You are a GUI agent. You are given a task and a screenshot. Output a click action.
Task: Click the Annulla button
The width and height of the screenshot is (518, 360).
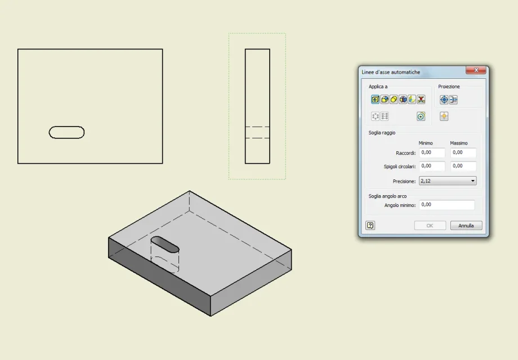tap(466, 226)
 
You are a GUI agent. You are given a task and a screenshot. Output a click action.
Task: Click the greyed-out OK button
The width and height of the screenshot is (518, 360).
tap(430, 226)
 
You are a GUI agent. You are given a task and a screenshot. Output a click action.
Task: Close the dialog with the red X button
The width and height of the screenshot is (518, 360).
tap(476, 70)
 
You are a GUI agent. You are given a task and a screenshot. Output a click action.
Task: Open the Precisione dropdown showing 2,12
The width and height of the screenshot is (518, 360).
tap(448, 181)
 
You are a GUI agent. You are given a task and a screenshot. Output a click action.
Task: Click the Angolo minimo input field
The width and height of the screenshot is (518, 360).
tap(446, 205)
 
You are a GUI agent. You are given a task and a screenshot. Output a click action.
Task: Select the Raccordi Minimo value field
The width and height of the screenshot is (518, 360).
tap(432, 153)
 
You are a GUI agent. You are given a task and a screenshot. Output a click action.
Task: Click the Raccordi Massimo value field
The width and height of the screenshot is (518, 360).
tap(463, 153)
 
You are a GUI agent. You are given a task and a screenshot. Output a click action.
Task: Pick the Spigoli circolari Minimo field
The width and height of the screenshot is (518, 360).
tap(432, 166)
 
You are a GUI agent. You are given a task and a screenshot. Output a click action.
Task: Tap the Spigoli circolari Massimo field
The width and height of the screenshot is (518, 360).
tap(463, 166)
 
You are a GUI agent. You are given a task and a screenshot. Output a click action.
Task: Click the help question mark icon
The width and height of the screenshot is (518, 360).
tap(370, 226)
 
